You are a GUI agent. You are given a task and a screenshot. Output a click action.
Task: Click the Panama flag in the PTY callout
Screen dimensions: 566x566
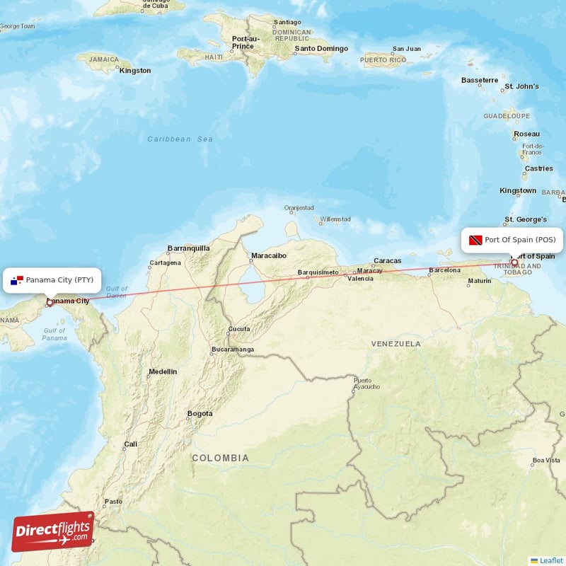(17, 280)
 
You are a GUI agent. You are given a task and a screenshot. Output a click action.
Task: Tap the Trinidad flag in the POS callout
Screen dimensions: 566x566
(474, 240)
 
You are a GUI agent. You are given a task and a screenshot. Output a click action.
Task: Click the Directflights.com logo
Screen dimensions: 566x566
(53, 531)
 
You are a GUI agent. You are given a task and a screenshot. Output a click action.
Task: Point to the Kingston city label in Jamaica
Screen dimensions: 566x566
(135, 71)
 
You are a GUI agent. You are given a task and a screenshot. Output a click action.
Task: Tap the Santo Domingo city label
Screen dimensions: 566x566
(321, 49)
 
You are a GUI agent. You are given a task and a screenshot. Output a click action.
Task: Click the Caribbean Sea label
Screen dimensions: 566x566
(180, 139)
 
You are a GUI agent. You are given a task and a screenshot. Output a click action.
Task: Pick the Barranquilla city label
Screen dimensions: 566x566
(188, 248)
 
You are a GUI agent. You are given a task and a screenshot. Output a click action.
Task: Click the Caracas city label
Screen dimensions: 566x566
(387, 261)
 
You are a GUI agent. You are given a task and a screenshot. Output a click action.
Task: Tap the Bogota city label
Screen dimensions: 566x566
(200, 414)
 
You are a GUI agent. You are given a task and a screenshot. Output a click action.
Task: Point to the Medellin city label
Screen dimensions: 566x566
(163, 371)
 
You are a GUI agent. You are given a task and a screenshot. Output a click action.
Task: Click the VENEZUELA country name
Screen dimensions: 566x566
(396, 344)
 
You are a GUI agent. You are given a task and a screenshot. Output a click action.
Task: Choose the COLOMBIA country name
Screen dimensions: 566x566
(221, 458)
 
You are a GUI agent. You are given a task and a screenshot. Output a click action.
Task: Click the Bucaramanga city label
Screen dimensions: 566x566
(232, 350)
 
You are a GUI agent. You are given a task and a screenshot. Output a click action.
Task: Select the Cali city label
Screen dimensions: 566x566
(131, 445)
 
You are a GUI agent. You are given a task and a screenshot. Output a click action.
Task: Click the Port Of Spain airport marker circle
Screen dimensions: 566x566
(514, 263)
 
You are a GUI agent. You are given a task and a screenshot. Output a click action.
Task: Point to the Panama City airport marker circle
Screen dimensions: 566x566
(50, 303)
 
